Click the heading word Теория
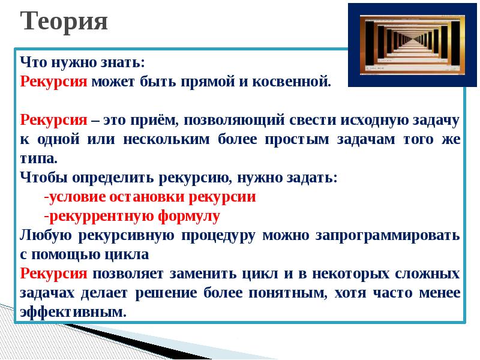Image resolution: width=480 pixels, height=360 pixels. pos(64,22)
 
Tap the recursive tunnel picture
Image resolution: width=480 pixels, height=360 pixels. pos(412,44)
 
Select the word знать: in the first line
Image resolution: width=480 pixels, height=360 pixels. pos(122,62)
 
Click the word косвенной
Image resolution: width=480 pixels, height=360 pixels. pos(292,82)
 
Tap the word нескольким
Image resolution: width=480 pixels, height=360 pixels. pos(167,139)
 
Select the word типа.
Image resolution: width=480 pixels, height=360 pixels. pos(38,158)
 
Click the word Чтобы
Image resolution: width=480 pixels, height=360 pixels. pos(43,178)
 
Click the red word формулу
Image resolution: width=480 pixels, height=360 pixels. pos(189,217)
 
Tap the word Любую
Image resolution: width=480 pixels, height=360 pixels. pos(46,235)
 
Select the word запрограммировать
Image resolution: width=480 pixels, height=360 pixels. pos(388,236)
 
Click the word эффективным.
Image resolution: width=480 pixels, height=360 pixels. pos(73,312)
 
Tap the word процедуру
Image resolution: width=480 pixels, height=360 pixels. pos(218,236)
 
